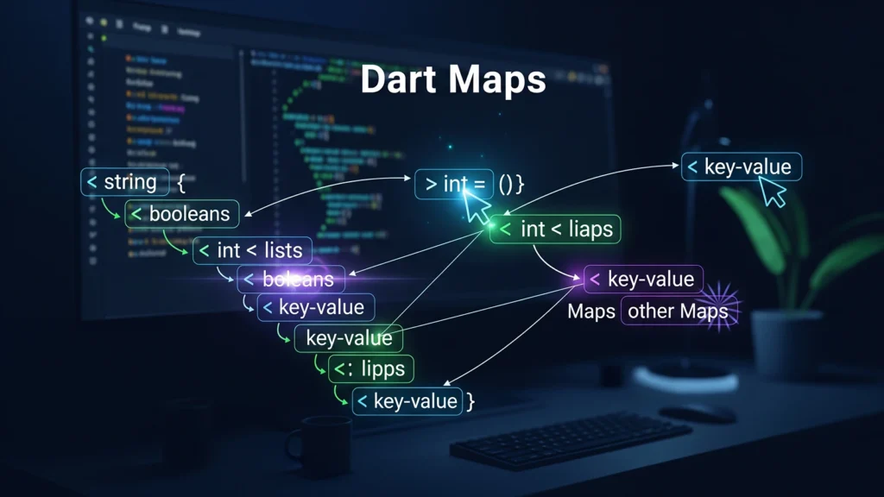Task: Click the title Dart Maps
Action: pyautogui.click(x=452, y=80)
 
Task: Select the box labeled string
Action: pyautogui.click(x=121, y=182)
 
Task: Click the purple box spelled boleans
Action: pyautogui.click(x=292, y=279)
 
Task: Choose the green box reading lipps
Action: pyautogui.click(x=371, y=368)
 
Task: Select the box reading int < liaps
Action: pyautogui.click(x=556, y=229)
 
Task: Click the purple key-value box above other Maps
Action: pyautogui.click(x=643, y=279)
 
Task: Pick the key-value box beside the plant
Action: pyautogui.click(x=742, y=167)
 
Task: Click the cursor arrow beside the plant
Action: pyautogui.click(x=773, y=193)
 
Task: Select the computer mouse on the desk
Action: pyautogui.click(x=695, y=412)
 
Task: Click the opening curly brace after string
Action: pyautogui.click(x=181, y=183)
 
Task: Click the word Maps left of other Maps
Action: pyautogui.click(x=591, y=311)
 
